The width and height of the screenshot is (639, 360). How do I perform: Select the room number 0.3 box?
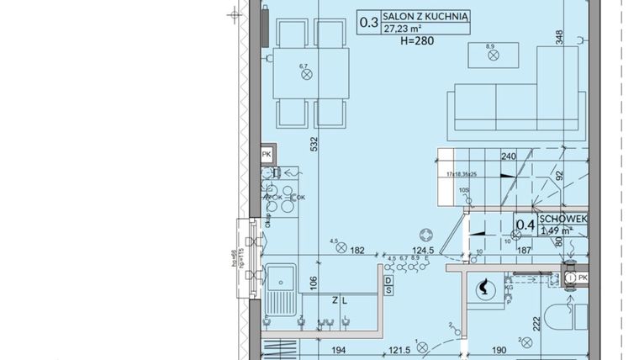(368, 23)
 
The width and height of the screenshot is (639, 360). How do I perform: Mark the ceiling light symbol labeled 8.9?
(494, 56)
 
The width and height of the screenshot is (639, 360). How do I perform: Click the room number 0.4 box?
(525, 225)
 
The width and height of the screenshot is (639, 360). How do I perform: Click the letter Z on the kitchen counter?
(334, 299)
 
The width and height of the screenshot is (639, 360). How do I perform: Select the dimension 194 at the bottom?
(337, 349)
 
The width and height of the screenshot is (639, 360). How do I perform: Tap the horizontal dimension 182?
(356, 251)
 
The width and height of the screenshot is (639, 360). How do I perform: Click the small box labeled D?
(388, 280)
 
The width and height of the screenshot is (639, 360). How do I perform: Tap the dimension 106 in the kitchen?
(313, 283)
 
